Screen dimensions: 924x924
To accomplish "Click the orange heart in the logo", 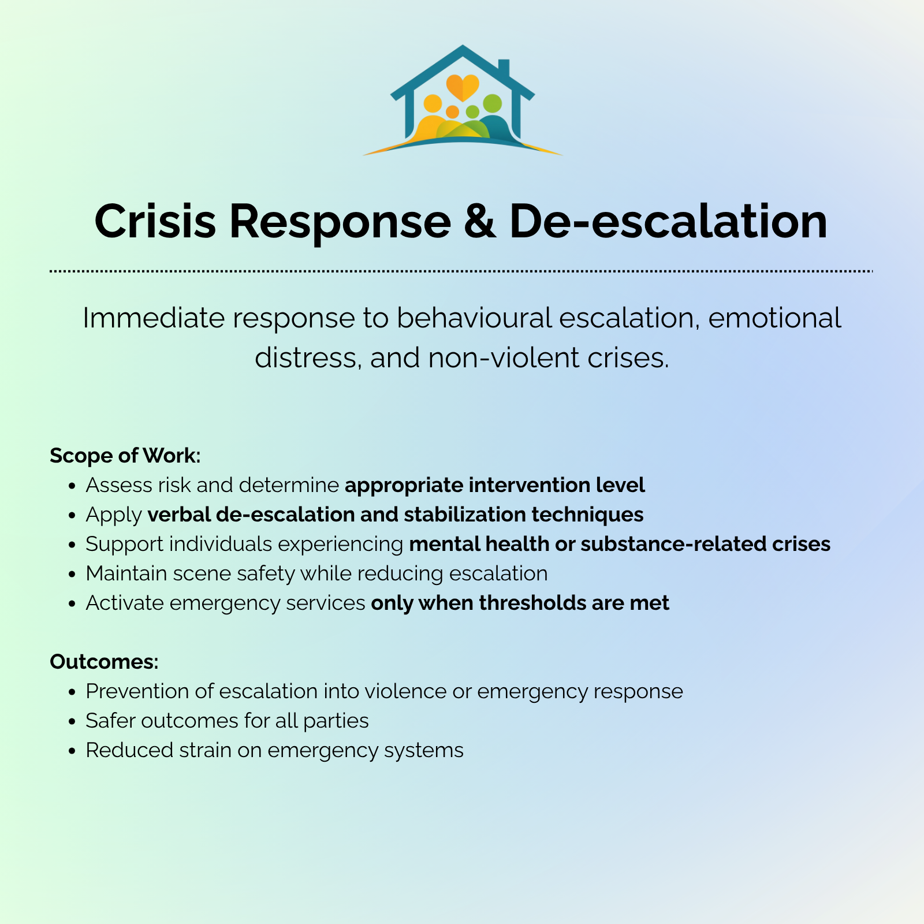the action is [463, 87].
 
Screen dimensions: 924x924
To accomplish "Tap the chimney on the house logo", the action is [503, 68].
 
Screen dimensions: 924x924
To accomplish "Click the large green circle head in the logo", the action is [492, 104].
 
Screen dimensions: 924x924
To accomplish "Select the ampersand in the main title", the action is [479, 222].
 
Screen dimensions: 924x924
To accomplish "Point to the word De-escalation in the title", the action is [668, 222].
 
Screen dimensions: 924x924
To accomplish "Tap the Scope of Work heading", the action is [125, 456].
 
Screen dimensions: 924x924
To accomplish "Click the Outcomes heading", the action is [104, 661].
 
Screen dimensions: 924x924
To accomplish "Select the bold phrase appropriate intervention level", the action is [495, 485].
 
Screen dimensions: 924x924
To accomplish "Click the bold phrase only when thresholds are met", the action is [520, 603].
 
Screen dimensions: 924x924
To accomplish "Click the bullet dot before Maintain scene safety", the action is [72, 575].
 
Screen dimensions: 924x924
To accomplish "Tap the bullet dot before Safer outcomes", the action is [72, 722].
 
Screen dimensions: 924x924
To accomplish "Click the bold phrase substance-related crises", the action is [705, 544].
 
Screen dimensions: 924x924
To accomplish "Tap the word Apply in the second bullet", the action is [114, 515].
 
